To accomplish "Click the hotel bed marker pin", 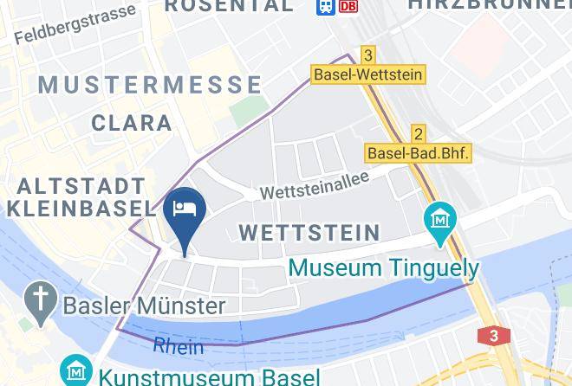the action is coord(186,211).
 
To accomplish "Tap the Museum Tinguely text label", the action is coord(383,267).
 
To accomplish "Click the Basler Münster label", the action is coord(144,305).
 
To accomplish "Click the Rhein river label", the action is coord(179,345).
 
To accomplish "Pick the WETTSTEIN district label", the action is coord(309,232).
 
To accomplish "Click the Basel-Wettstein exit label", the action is coord(368,74).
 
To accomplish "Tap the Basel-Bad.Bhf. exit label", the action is coord(419,152).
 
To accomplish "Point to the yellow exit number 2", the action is coord(419,133).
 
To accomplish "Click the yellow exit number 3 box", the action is coord(368,55).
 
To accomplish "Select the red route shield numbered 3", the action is coord(493,336).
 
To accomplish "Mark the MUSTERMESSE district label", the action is coord(151,85).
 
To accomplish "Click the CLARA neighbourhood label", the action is coord(132,123).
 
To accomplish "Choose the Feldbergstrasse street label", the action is coord(75,24).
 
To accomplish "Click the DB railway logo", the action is coord(348,5).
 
